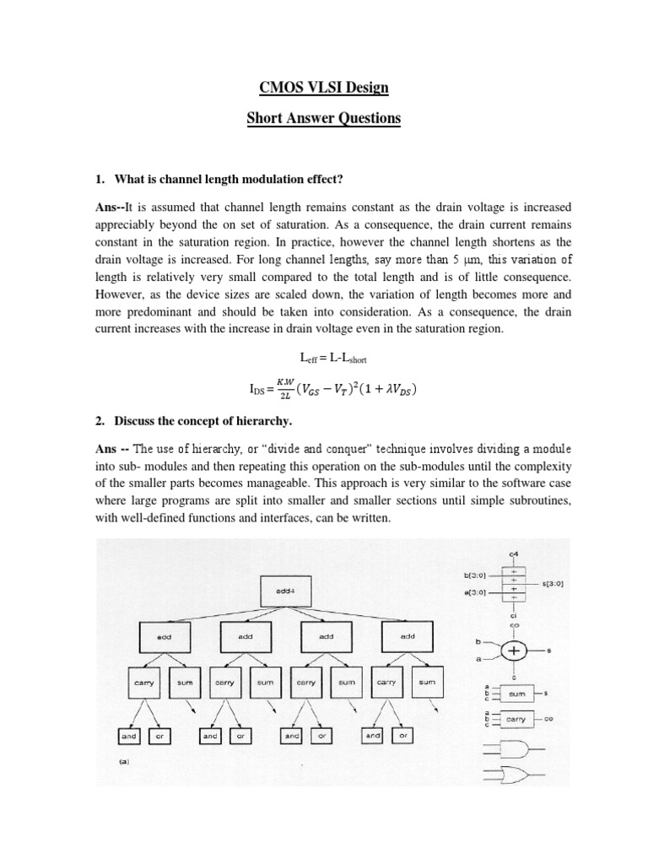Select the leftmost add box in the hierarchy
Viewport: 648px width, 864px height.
pos(163,637)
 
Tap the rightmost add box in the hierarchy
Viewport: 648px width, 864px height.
pos(408,637)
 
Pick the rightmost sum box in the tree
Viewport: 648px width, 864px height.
pos(428,682)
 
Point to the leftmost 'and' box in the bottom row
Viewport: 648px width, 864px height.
pos(128,737)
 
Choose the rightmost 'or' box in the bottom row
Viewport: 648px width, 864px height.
pos(402,737)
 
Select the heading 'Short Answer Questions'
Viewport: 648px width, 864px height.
pos(324,117)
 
